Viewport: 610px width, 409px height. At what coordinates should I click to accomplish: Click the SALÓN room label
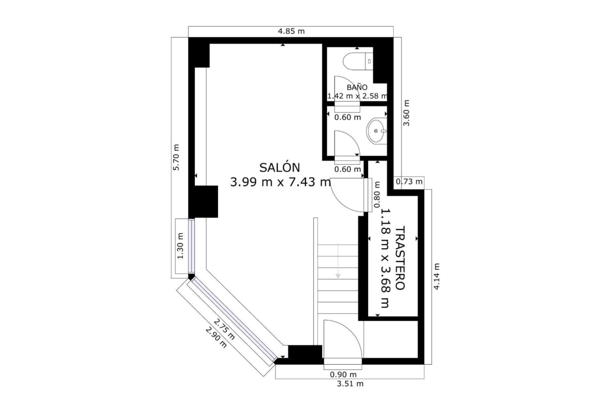pyautogui.click(x=279, y=168)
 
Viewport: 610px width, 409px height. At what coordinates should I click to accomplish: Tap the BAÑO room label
pyautogui.click(x=357, y=88)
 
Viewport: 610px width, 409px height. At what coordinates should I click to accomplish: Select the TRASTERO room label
pyautogui.click(x=400, y=258)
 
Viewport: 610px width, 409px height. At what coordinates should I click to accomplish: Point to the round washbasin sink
pyautogui.click(x=376, y=131)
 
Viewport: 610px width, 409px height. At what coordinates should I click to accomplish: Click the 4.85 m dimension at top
pyautogui.click(x=291, y=31)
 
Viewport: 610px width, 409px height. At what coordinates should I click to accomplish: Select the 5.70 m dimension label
pyautogui.click(x=176, y=157)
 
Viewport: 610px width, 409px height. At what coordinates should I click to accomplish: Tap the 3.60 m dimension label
pyautogui.click(x=406, y=113)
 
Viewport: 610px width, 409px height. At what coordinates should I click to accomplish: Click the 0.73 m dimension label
pyautogui.click(x=409, y=181)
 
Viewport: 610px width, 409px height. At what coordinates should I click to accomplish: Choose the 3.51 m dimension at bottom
pyautogui.click(x=350, y=383)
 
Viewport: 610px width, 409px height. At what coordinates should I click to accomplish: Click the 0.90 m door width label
pyautogui.click(x=343, y=375)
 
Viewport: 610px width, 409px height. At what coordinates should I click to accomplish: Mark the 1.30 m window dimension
pyautogui.click(x=180, y=246)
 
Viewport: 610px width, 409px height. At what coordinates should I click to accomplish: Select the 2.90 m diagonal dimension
pyautogui.click(x=216, y=337)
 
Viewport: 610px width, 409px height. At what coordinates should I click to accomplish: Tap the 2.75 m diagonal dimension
pyautogui.click(x=225, y=329)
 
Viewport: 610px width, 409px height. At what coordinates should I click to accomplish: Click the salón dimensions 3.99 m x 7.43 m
pyautogui.click(x=281, y=182)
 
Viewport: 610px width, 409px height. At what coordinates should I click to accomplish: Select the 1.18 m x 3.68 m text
pyautogui.click(x=385, y=258)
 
